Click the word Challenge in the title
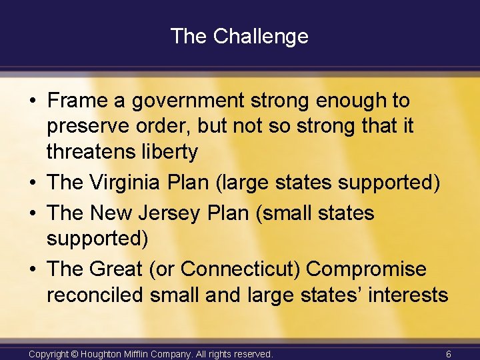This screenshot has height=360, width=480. click(261, 36)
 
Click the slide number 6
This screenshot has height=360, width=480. click(449, 354)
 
